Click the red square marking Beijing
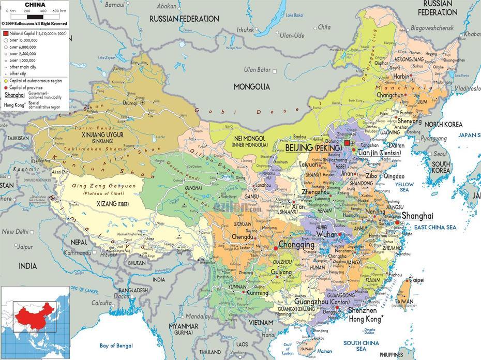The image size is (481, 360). coord(347,143)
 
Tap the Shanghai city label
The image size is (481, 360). coord(417,216)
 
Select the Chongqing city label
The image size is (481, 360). coord(296,245)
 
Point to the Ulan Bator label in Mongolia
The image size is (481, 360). coord(258,70)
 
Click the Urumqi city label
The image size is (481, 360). coord(129,103)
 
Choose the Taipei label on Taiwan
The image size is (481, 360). coord(416,280)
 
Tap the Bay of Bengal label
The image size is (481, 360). coord(116,346)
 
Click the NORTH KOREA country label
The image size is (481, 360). coord(443,125)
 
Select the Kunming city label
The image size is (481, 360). coord(257,293)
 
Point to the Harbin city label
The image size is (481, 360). coord(401,77)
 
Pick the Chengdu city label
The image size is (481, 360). coord(243,237)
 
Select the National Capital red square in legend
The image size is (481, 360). coord(6,33)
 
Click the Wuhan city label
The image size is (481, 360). coord(326,234)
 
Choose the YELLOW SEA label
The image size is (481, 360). coord(404,187)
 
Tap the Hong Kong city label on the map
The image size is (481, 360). coord(365,319)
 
